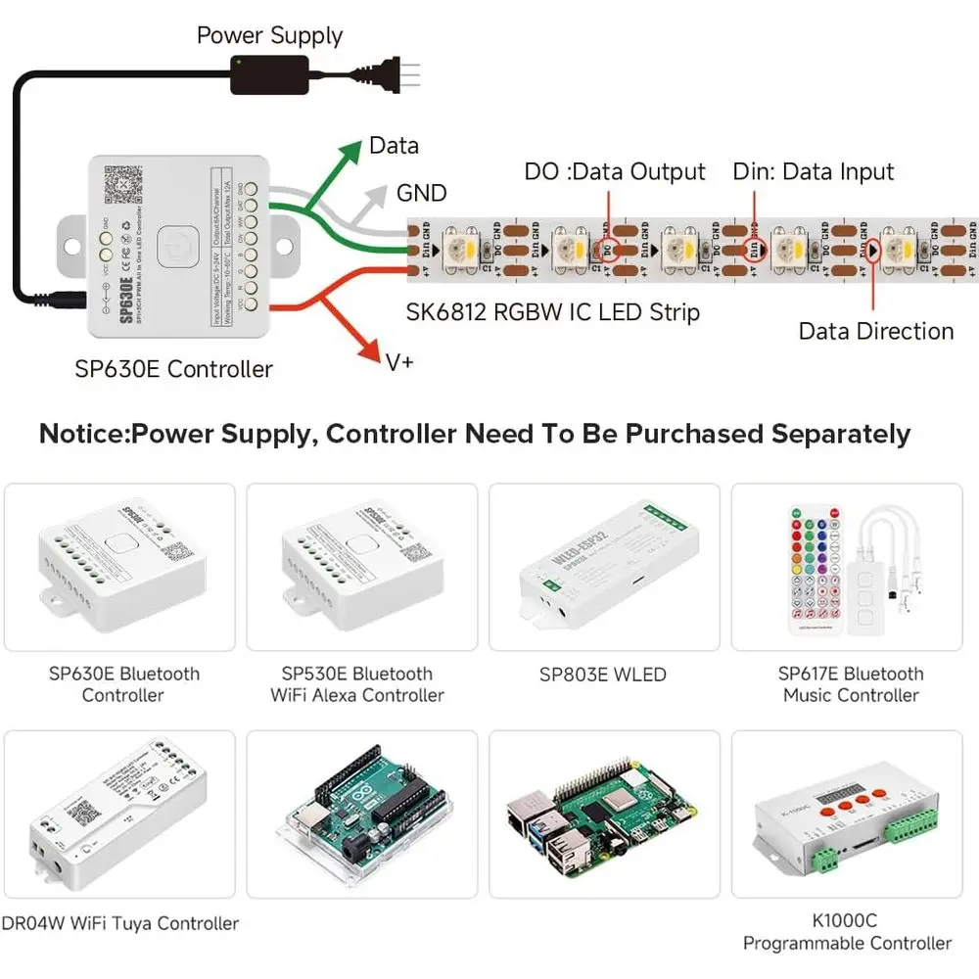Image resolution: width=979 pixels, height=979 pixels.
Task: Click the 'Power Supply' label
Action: [269, 36]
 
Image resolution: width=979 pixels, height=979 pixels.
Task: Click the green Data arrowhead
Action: [350, 151]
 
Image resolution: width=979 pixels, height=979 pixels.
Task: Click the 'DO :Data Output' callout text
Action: [615, 172]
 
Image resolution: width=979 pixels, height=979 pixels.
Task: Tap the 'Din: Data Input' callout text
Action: [814, 172]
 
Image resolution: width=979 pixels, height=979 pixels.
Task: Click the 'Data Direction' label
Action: [875, 331]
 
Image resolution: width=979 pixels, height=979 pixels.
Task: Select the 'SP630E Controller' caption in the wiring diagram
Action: [173, 369]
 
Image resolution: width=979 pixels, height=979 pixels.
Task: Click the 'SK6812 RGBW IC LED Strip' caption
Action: [553, 312]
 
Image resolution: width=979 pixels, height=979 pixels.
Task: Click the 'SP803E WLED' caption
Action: [602, 675]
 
